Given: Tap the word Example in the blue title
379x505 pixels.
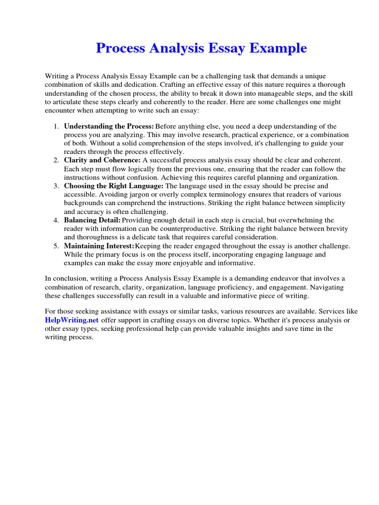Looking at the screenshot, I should click(279, 48).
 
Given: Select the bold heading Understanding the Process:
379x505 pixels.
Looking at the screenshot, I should click(109, 126).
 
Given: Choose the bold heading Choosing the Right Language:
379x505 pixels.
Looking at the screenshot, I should click(114, 186).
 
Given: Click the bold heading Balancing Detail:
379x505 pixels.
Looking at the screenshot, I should click(92, 220).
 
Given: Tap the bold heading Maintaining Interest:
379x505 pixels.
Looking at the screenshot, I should click(99, 246).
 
